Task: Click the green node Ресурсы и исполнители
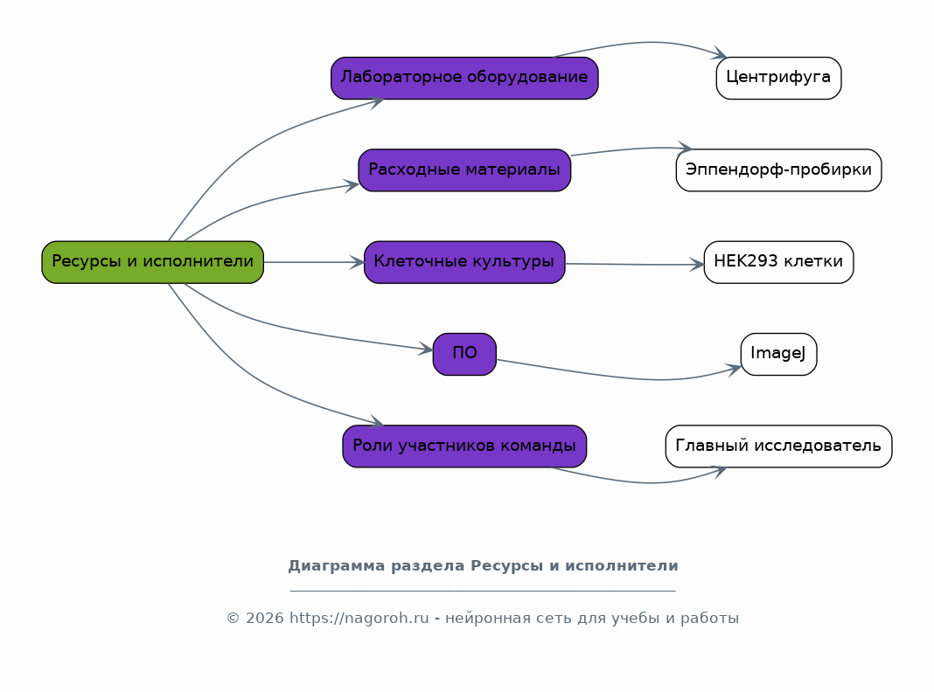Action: pos(152,262)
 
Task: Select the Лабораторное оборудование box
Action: pos(464,78)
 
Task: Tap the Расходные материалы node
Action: pos(464,170)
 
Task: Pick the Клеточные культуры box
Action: pos(464,262)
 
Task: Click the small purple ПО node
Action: pos(464,354)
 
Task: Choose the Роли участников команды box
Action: pos(464,446)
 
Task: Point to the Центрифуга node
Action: pos(778,78)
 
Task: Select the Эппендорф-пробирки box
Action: pos(778,170)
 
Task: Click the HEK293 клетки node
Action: pos(778,262)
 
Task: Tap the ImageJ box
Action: pos(778,354)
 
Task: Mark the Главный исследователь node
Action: pos(778,446)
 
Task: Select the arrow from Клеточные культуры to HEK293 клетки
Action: pos(634,264)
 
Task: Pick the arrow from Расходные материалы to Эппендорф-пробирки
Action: pos(631,149)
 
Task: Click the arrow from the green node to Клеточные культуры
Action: pos(314,262)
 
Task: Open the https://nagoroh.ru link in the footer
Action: pos(359,619)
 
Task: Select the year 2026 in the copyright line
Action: pos(264,619)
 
